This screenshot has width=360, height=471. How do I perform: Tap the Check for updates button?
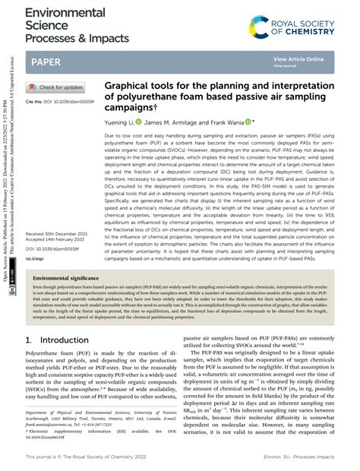pyautogui.click(x=56, y=87)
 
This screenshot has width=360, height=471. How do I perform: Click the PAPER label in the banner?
pyautogui.click(x=48, y=60)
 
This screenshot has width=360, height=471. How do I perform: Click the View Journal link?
pyautogui.click(x=286, y=65)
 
